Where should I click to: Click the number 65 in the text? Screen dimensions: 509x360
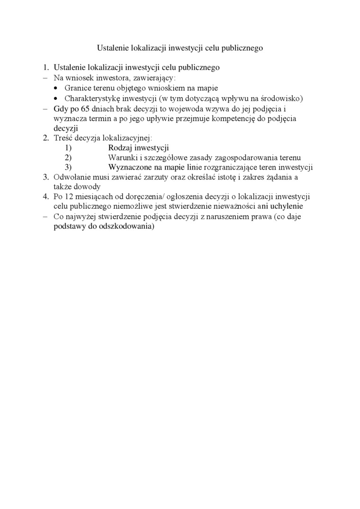point(84,108)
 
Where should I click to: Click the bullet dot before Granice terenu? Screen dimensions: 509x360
point(57,89)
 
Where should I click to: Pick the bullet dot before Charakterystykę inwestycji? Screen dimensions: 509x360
point(57,98)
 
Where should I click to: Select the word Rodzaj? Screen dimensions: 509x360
point(119,148)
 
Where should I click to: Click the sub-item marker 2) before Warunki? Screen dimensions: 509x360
point(68,158)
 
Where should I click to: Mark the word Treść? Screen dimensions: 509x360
point(63,138)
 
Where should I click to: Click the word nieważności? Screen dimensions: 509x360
point(221,206)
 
